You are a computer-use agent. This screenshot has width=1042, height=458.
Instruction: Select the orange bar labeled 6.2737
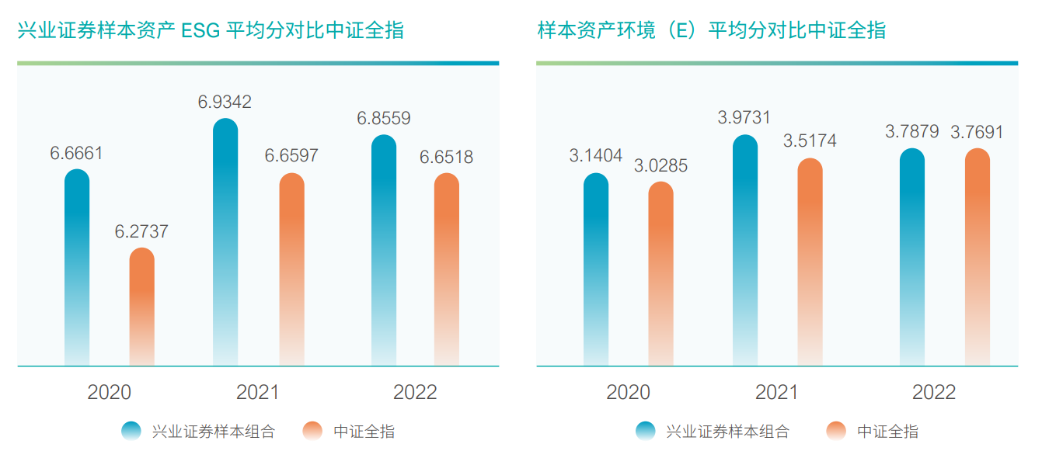click(x=141, y=307)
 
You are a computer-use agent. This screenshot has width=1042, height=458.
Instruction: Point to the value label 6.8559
click(x=384, y=119)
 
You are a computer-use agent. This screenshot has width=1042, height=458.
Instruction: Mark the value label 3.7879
click(x=912, y=132)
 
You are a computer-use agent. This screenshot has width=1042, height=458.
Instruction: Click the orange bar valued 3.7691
click(x=978, y=257)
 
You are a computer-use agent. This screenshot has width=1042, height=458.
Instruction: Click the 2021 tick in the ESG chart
click(x=258, y=392)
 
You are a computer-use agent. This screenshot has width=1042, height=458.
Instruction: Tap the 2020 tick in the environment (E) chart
click(x=628, y=392)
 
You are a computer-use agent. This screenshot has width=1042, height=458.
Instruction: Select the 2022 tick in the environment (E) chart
click(x=934, y=392)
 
